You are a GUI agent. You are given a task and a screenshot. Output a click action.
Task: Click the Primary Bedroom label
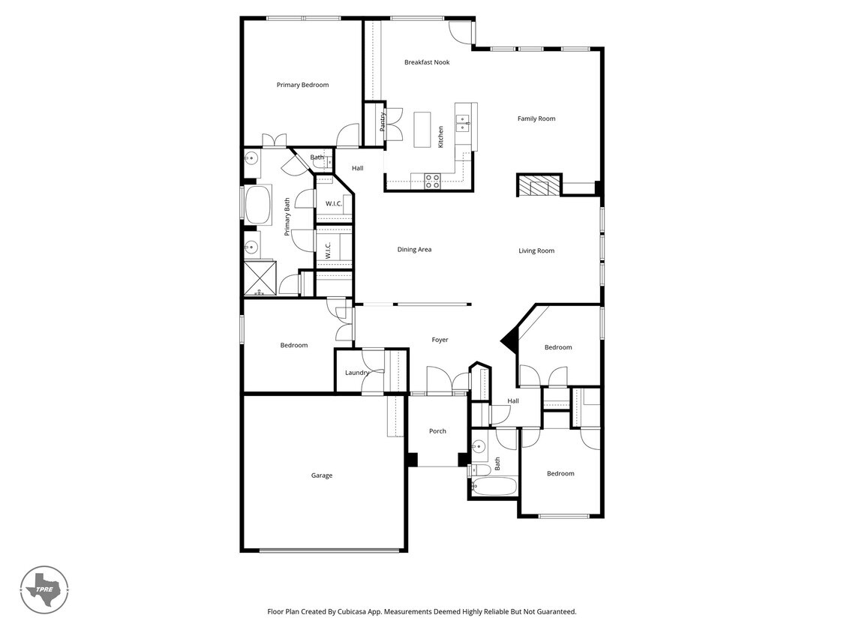302,85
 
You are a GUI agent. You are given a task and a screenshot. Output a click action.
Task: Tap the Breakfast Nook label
427,62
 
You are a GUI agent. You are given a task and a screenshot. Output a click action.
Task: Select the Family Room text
536,118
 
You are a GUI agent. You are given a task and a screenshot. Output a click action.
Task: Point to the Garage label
322,475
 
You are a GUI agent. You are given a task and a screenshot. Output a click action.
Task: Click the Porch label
437,431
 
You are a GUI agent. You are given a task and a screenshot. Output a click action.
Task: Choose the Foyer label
440,340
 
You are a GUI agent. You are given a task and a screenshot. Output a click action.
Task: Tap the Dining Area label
414,250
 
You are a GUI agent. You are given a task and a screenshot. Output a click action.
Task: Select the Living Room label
536,250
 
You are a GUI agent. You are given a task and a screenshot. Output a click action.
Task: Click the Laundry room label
357,373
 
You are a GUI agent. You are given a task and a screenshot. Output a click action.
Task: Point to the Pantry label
382,122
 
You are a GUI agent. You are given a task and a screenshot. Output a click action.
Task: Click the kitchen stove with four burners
433,181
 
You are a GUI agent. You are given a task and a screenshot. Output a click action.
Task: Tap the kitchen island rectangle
422,129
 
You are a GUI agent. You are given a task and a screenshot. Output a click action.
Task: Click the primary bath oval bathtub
259,205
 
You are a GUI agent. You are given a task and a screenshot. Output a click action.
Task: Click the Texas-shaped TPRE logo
45,589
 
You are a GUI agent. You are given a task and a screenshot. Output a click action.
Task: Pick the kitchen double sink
464,122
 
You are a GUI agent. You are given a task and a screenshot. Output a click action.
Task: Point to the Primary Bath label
287,217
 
